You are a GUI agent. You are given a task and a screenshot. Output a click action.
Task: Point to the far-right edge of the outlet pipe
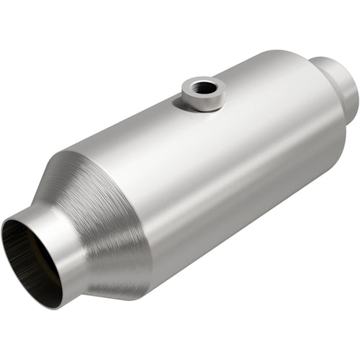point(356,90)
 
